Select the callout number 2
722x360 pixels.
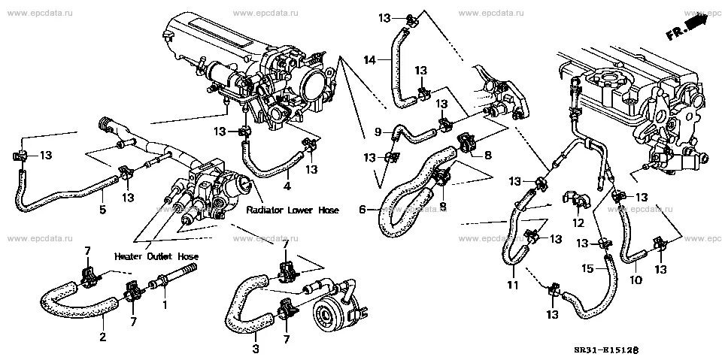pyautogui.click(x=103, y=337)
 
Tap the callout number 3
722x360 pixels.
pyautogui.click(x=255, y=349)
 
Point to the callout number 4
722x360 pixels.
pyautogui.click(x=287, y=186)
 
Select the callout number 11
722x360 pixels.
pyautogui.click(x=511, y=286)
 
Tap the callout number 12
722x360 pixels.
pyautogui.click(x=578, y=222)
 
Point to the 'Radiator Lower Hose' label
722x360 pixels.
pyautogui.click(x=292, y=212)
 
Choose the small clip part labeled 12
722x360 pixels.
pyautogui.click(x=578, y=200)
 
